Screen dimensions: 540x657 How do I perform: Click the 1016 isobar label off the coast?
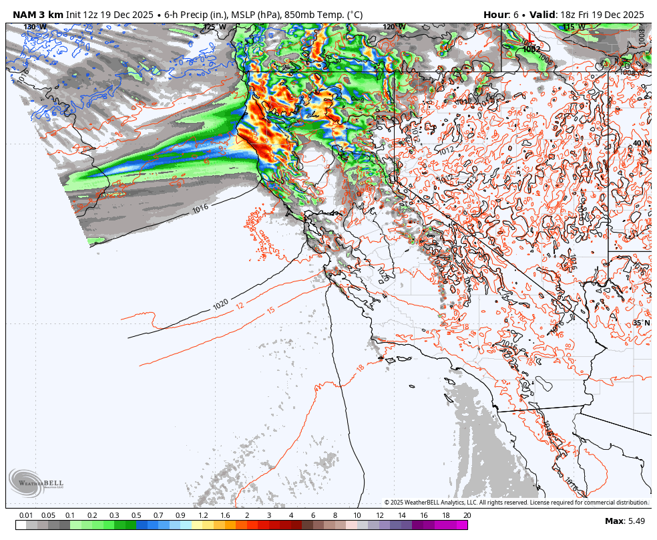pyautogui.click(x=200, y=209)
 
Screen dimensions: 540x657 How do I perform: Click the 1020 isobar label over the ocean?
pyautogui.click(x=221, y=304)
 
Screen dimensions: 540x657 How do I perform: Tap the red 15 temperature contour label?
pyautogui.click(x=270, y=310)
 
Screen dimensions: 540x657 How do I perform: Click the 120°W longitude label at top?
pyautogui.click(x=394, y=27)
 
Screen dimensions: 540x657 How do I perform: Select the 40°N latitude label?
pyautogui.click(x=641, y=144)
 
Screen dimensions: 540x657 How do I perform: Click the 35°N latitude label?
pyautogui.click(x=641, y=323)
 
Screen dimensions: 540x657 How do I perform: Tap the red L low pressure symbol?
pyautogui.click(x=529, y=39)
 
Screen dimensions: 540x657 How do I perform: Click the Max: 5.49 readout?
pyautogui.click(x=624, y=521)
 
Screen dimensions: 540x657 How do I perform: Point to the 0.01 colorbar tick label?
pyautogui.click(x=26, y=515)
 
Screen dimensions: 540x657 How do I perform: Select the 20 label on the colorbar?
pyautogui.click(x=466, y=515)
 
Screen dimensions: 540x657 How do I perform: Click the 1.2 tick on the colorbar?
pyautogui.click(x=203, y=515)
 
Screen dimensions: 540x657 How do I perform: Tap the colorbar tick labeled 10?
pyautogui.click(x=357, y=515)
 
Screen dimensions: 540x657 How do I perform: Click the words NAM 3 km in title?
pyautogui.click(x=37, y=14)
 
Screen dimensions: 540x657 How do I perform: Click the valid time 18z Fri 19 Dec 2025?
pyautogui.click(x=602, y=14)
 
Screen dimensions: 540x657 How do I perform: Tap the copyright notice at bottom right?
pyautogui.click(x=515, y=503)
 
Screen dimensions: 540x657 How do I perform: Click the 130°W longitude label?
pyautogui.click(x=35, y=27)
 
